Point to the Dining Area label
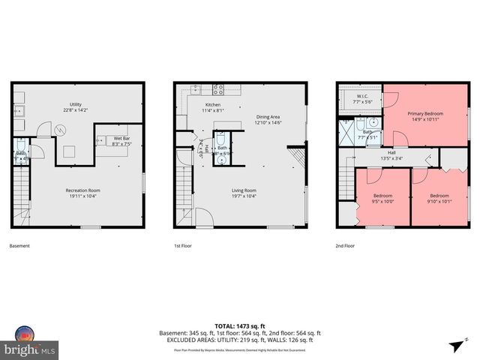tap(268, 117)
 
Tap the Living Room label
tap(244, 190)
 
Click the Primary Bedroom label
tap(425, 114)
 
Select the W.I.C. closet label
tap(363, 96)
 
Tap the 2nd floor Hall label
tap(391, 152)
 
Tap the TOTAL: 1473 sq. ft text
tap(240, 324)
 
